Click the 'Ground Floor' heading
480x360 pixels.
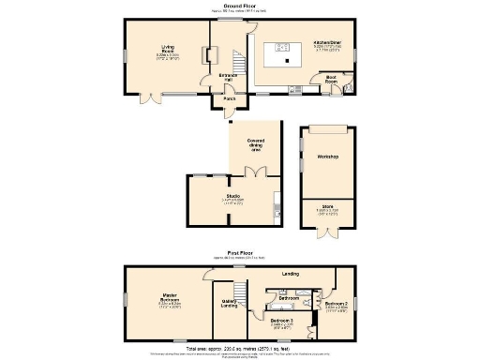point(240,5)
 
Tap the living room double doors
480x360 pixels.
point(145,97)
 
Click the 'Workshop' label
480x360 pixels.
point(327,157)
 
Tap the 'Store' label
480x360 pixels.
point(327,206)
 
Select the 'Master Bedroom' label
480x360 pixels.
point(170,302)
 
